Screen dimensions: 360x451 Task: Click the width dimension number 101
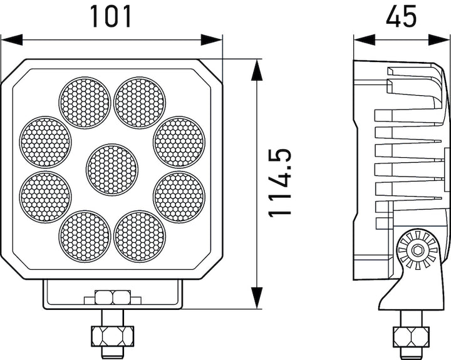tap(111, 16)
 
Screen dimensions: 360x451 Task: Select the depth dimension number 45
tap(402, 16)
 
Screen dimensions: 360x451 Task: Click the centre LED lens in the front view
tap(111, 169)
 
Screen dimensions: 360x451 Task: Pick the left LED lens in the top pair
tap(85, 102)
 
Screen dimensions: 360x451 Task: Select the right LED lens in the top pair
tap(140, 102)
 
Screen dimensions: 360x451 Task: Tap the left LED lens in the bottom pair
tap(85, 236)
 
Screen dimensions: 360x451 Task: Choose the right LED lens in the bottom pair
tap(140, 236)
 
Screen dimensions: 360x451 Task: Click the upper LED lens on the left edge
tap(44, 141)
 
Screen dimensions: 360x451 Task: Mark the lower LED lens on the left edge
tap(44, 197)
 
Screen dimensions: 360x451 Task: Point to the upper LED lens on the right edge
tap(179, 141)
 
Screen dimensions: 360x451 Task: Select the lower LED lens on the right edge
tap(179, 197)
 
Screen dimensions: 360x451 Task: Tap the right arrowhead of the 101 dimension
tap(212, 40)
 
